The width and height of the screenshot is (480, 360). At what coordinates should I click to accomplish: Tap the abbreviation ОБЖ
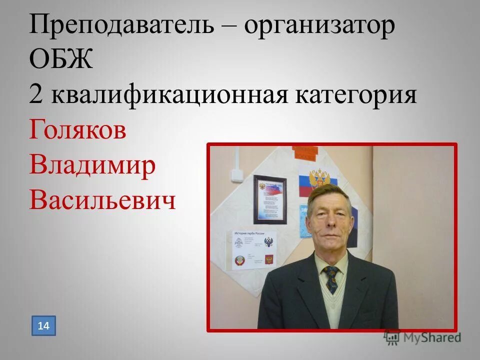coord(61,60)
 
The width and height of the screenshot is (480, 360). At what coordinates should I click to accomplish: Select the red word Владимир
coord(92,165)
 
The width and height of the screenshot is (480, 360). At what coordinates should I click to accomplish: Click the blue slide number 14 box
coord(43,326)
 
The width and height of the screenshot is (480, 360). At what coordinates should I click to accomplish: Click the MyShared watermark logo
coord(422,337)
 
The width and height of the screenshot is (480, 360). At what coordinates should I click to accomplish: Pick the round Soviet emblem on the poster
coord(239,261)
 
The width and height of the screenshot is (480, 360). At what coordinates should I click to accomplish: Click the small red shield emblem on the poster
coord(269,259)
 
